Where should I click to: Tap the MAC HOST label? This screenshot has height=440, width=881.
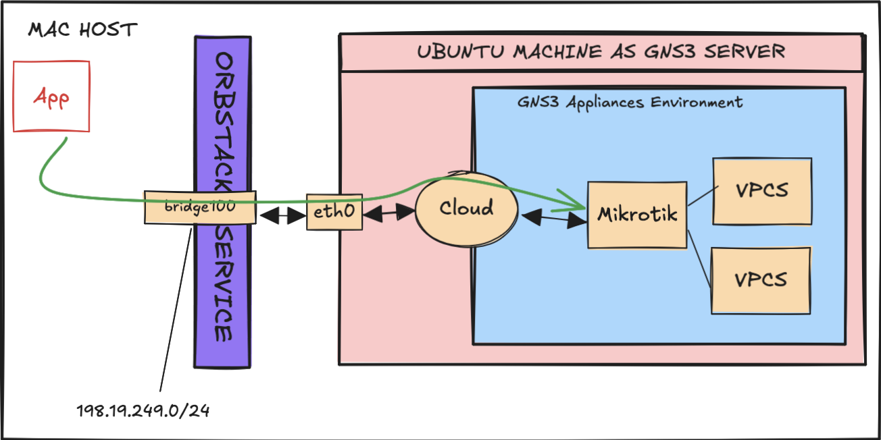tap(82, 30)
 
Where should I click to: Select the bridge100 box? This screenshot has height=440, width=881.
tap(200, 207)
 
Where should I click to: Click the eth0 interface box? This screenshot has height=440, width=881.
tap(334, 212)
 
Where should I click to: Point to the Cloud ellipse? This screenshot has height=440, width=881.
tap(466, 208)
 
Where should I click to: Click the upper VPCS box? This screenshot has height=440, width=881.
tap(762, 190)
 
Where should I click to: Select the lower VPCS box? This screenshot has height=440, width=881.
tap(761, 279)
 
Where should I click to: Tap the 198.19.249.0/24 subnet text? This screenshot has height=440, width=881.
tap(143, 410)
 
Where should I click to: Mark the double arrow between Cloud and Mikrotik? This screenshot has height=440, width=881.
tap(553, 219)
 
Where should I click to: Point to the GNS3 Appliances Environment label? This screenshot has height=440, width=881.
tap(630, 103)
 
